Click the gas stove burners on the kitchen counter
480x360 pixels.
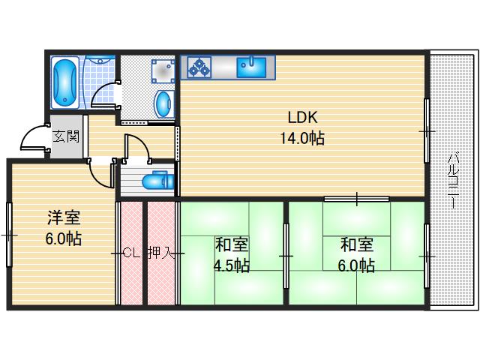click(199, 67)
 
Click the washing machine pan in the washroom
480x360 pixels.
click(161, 70)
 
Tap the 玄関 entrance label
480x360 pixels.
click(65, 137)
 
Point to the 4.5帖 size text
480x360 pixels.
click(232, 265)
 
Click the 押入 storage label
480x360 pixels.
click(160, 253)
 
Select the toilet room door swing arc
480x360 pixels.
click(138, 144)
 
